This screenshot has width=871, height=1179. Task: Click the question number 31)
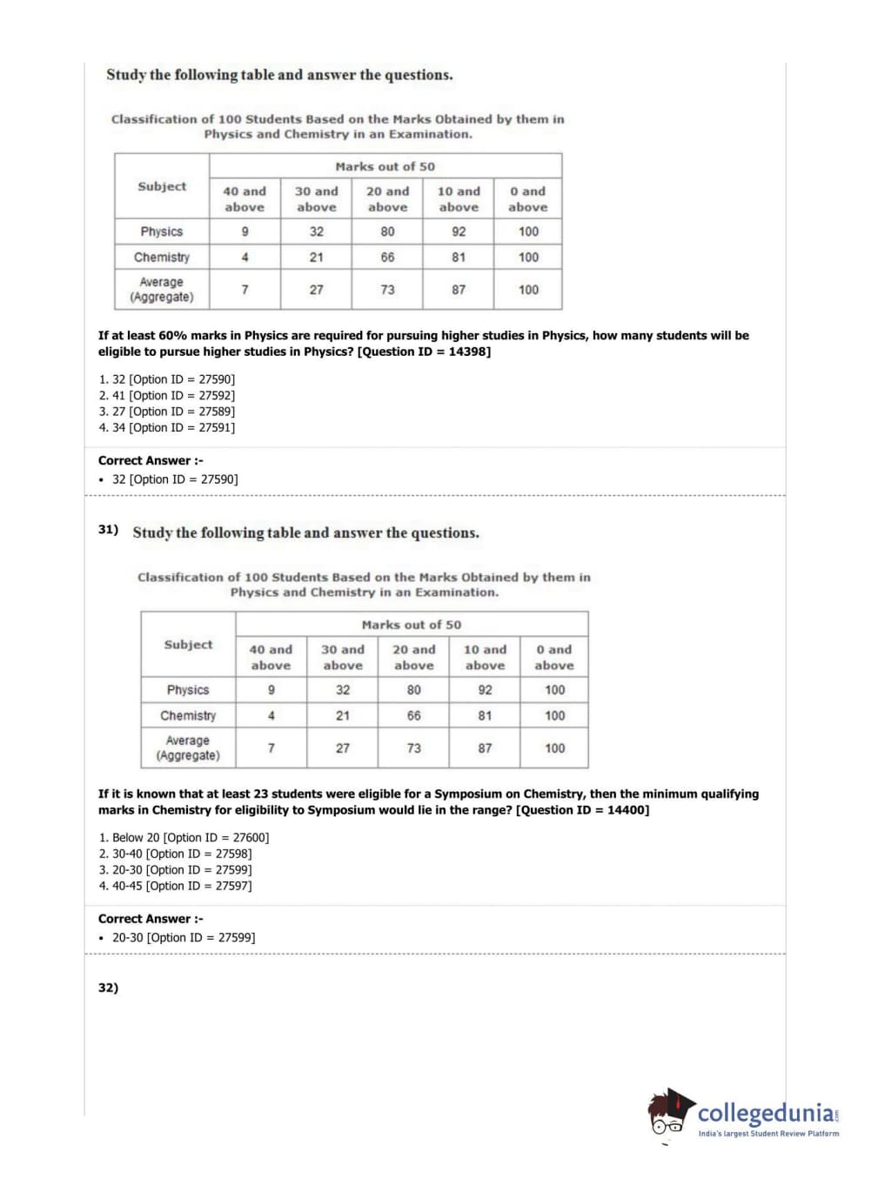108,529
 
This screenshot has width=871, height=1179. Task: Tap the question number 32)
108,988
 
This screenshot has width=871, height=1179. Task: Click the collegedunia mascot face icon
668,1113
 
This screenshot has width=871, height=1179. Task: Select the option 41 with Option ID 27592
166,395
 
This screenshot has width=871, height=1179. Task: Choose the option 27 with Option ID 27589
166,412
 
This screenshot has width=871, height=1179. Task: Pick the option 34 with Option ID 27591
166,427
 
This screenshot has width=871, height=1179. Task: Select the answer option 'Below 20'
184,837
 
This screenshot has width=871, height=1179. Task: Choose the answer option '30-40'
175,854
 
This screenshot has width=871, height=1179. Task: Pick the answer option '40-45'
175,886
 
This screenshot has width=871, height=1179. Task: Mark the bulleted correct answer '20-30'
183,937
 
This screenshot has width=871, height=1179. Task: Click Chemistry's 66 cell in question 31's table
413,715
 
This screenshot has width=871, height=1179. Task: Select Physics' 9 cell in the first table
245,231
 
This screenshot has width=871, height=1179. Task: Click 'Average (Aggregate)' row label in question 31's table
188,747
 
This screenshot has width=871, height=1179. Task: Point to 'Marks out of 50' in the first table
385,166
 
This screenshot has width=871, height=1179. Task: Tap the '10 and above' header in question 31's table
485,657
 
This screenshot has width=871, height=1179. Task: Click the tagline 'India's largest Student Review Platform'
768,1133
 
